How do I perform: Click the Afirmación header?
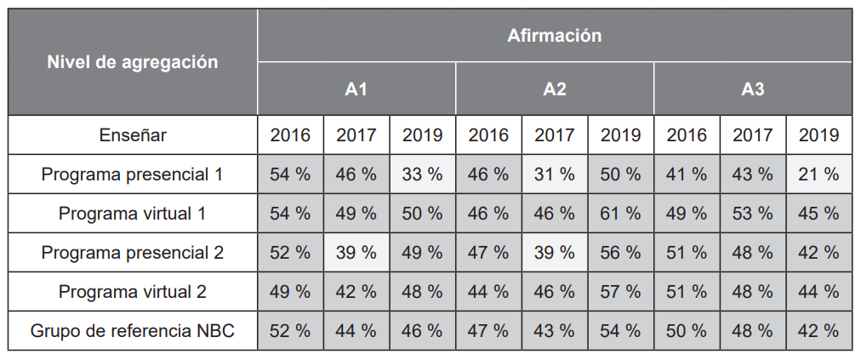pyautogui.click(x=554, y=36)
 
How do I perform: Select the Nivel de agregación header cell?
pyautogui.click(x=132, y=62)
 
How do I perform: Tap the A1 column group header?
pyautogui.click(x=356, y=89)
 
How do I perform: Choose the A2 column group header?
pyautogui.click(x=555, y=89)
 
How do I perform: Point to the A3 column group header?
pyautogui.click(x=753, y=89)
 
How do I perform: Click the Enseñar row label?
pyautogui.click(x=132, y=134)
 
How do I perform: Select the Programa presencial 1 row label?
pyautogui.click(x=132, y=174)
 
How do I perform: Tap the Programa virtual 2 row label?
pyautogui.click(x=132, y=292)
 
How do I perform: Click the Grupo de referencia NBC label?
pyautogui.click(x=132, y=331)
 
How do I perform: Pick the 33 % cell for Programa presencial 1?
pyautogui.click(x=422, y=174)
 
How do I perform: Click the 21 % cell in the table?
pyautogui.click(x=818, y=174)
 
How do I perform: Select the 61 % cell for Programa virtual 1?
pyautogui.click(x=620, y=214)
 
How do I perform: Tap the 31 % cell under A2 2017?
pyautogui.click(x=555, y=174)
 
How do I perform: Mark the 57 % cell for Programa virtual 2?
pyautogui.click(x=620, y=292)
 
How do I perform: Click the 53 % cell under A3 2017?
pyautogui.click(x=753, y=214)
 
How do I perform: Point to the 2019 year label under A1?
pyautogui.click(x=422, y=134)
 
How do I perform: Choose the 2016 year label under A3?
pyautogui.click(x=687, y=134)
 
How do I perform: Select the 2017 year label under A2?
pyautogui.click(x=555, y=134)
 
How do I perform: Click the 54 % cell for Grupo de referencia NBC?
pyautogui.click(x=620, y=331)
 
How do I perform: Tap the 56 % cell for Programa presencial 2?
pyautogui.click(x=620, y=253)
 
